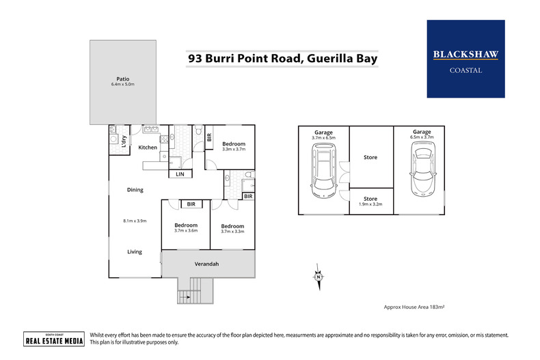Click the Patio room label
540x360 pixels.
(122, 79)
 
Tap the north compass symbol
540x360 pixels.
(319, 277)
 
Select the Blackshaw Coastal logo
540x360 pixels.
(465, 59)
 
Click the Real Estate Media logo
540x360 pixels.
(54, 339)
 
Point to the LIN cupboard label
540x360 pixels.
(180, 174)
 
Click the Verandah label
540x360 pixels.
(206, 264)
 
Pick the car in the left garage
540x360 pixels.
(324, 170)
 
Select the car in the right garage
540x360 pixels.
(422, 169)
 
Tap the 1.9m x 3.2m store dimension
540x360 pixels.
(370, 204)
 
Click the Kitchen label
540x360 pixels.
(148, 148)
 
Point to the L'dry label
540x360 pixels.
(124, 141)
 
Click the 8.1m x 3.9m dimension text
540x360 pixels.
(135, 221)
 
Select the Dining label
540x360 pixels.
(135, 190)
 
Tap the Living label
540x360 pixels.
(135, 251)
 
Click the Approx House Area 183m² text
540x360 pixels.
(414, 307)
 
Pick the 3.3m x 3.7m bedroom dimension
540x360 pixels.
(234, 150)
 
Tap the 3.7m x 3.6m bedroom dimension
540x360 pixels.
(186, 231)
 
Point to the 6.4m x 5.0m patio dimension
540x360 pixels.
(122, 84)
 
